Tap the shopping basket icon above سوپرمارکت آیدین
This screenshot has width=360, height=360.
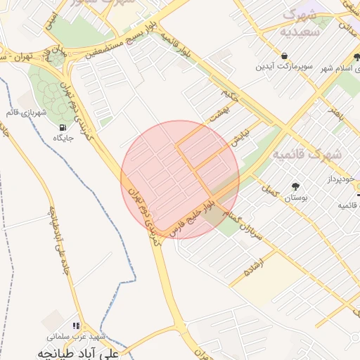point(283,56)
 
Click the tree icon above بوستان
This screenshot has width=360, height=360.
point(295,187)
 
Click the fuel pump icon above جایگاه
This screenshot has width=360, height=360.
point(64,127)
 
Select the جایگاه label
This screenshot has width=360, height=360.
point(64,138)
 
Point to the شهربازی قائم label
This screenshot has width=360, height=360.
point(33,112)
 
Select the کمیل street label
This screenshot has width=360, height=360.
point(270,189)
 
